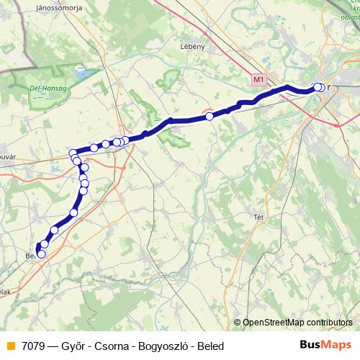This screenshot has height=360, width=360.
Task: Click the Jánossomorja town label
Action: (x=51, y=9)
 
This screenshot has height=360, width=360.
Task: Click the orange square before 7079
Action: (x=10, y=346)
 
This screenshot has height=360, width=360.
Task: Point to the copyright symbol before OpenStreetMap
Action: (x=238, y=323)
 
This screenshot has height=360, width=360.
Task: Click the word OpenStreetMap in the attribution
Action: (x=273, y=323)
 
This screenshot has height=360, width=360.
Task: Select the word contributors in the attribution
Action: (x=329, y=323)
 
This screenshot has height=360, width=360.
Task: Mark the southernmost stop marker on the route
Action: (x=41, y=253)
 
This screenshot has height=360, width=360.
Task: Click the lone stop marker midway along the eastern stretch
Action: (x=210, y=116)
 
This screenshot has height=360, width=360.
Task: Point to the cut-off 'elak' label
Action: (x=6, y=292)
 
